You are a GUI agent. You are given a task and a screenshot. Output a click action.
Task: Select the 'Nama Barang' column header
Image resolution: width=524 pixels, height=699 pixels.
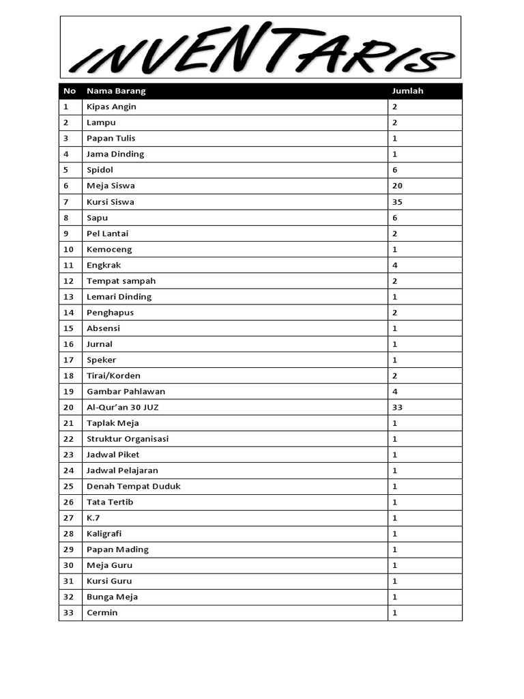coord(116,91)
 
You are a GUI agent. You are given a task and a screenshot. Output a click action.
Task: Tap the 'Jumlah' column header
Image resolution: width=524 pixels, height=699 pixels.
coord(407,91)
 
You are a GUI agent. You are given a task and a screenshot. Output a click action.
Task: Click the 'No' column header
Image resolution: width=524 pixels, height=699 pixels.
coord(69,91)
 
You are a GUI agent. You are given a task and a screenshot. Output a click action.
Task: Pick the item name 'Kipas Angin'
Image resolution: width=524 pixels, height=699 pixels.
coord(111,106)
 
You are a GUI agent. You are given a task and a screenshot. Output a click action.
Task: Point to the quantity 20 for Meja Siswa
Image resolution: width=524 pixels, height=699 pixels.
coord(397,186)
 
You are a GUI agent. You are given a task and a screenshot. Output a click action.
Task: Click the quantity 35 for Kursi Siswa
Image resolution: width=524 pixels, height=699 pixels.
coord(397,202)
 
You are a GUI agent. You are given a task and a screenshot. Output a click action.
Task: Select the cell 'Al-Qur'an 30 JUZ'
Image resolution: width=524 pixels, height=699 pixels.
coord(123,408)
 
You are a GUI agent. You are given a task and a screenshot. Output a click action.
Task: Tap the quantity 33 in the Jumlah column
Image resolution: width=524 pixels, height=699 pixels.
coord(397,408)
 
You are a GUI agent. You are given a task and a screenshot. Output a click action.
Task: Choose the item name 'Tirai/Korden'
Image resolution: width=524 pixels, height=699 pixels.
coord(113,375)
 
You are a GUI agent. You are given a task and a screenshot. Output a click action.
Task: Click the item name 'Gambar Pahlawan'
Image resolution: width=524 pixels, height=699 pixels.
coord(126,391)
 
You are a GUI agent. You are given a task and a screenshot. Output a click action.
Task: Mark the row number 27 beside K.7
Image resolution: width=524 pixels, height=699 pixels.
coord(68,518)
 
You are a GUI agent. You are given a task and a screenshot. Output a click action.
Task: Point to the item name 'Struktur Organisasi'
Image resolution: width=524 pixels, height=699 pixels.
coord(128,439)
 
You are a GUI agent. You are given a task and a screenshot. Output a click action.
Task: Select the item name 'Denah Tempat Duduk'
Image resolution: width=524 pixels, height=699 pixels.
coord(134,486)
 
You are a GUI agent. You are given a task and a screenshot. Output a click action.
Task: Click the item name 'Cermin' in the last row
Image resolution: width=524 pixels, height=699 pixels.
coord(102,612)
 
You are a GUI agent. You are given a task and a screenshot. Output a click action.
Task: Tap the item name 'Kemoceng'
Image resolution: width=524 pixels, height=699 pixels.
coord(109,249)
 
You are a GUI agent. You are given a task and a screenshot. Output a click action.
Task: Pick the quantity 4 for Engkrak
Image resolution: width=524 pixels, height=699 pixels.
coord(395,265)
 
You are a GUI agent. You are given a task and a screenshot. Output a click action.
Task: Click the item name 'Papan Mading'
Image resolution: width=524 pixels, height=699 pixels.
coord(117,550)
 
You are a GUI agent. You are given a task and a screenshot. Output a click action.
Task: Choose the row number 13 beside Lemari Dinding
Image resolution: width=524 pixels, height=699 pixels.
coord(68,297)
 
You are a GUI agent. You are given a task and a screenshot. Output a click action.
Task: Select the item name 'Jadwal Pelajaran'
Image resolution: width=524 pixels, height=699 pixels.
coord(123,470)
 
